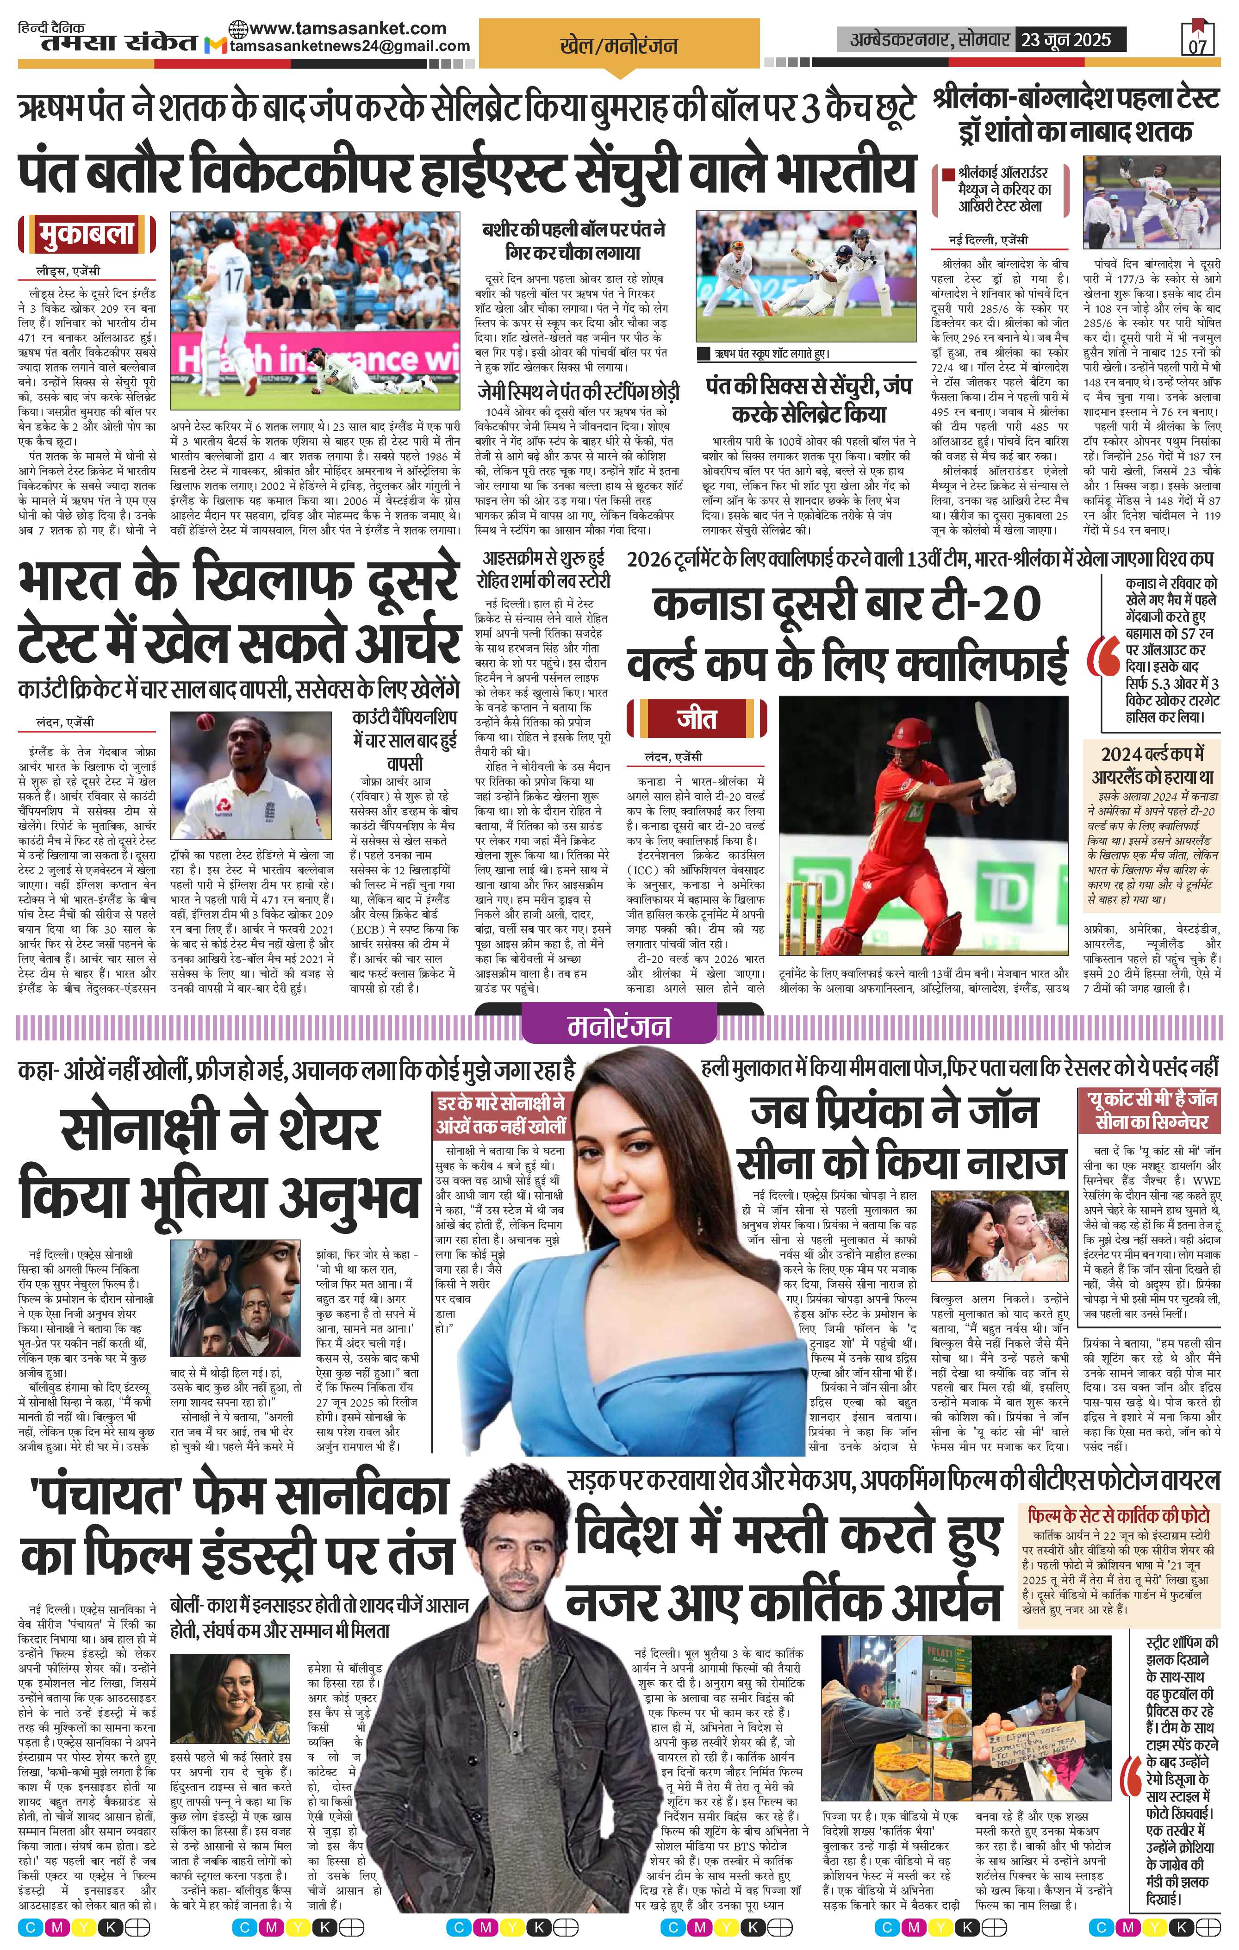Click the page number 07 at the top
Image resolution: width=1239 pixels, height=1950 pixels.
1198,44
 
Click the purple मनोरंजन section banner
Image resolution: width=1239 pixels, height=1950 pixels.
619,1025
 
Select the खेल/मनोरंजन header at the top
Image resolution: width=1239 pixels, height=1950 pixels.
619,45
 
